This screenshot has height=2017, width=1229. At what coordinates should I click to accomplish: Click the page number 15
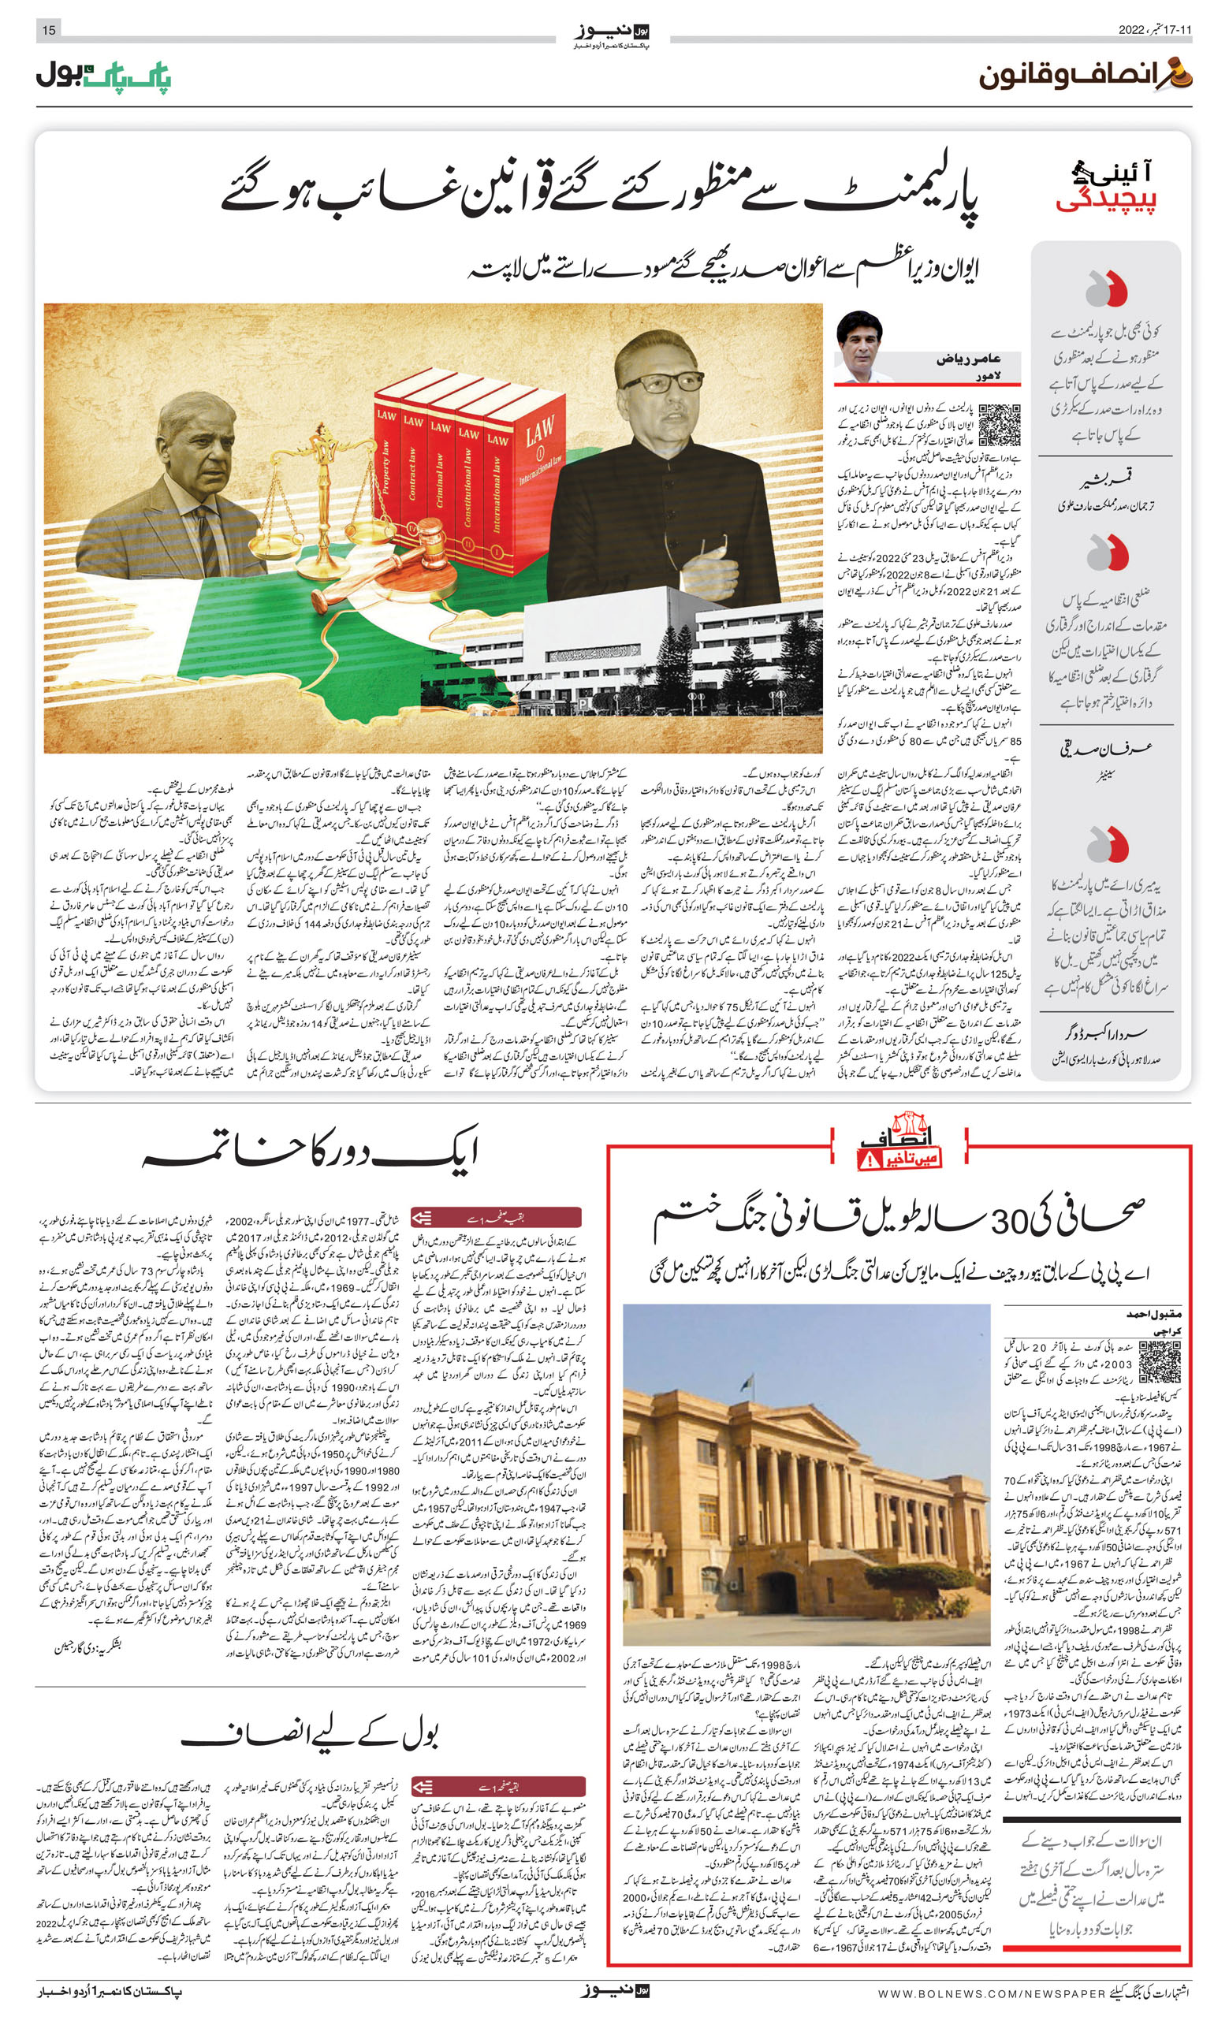[49, 30]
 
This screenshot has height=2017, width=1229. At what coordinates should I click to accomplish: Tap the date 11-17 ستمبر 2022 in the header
[1154, 30]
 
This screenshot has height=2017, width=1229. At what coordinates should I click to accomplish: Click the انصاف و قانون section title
[1085, 76]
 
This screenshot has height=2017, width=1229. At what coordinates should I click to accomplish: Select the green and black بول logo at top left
[103, 76]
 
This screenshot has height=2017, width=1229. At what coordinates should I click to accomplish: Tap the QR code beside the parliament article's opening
[1000, 425]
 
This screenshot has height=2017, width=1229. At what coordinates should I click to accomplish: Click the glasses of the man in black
[663, 382]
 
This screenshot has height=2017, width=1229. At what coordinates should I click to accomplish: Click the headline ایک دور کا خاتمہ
[311, 1152]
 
